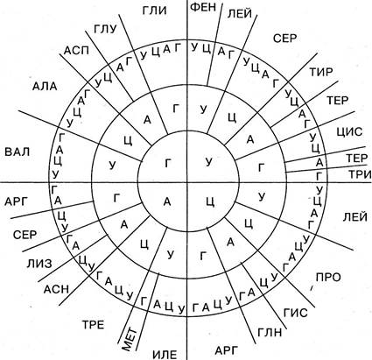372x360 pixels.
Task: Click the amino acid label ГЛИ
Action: tap(154, 11)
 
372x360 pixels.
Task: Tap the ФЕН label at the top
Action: tap(203, 7)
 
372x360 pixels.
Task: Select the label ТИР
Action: tap(321, 72)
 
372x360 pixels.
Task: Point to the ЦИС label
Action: tap(349, 131)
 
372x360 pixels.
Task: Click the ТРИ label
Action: tap(360, 174)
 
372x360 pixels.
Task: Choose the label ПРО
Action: tap(328, 277)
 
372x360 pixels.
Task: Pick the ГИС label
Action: tap(295, 313)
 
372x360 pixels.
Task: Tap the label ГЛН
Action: tap(270, 333)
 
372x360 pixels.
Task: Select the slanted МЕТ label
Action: tap(129, 339)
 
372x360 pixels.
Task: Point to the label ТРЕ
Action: tap(93, 325)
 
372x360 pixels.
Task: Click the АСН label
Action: tap(56, 289)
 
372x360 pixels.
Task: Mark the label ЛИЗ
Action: tap(39, 264)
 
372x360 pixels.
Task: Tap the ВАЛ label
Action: tap(18, 152)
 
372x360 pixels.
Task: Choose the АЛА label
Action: tap(45, 87)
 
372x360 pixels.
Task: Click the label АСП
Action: tap(76, 51)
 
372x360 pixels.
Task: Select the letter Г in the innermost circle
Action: tap(168, 163)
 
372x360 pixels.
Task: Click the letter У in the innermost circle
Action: tap(208, 162)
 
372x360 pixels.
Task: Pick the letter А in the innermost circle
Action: tap(167, 201)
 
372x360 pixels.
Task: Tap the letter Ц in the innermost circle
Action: tap(211, 201)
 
